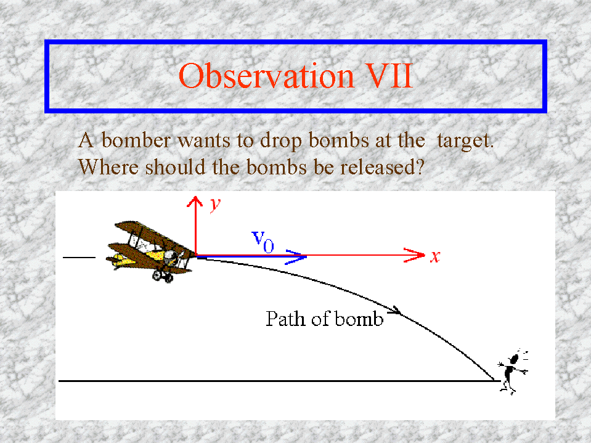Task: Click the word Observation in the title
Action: tap(266, 76)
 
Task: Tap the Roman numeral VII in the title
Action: tap(389, 76)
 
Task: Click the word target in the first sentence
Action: tap(465, 141)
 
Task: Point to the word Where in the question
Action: tap(108, 166)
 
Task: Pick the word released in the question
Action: tap(383, 166)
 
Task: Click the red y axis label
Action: tap(215, 205)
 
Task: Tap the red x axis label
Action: tap(435, 256)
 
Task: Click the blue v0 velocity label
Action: tap(263, 242)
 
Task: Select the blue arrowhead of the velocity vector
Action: tap(296, 257)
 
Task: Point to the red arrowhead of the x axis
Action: tap(414, 256)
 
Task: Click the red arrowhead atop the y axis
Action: tap(195, 202)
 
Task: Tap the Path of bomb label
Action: tap(325, 319)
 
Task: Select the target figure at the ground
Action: tap(513, 372)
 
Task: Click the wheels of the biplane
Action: tap(163, 276)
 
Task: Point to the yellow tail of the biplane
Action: tap(116, 259)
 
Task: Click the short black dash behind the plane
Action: tap(79, 258)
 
